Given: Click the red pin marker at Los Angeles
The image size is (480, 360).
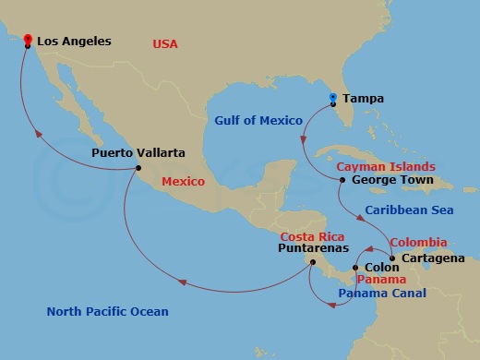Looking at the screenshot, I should pos(29,40).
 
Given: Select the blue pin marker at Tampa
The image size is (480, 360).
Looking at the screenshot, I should pos(332,97).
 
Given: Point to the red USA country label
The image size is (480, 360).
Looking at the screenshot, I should pos(164,43).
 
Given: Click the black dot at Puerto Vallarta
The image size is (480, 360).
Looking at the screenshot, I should pos(138,168).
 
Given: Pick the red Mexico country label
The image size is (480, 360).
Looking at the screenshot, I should pos(183,182).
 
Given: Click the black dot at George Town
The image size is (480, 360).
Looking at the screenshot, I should pos(342,180).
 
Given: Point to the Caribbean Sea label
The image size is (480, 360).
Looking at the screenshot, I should pos(410,210).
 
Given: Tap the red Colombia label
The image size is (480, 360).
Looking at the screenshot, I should pos(419,242).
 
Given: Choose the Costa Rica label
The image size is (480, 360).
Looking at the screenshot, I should pos(312,235).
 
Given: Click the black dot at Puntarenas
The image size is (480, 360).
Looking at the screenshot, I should pos(313,261).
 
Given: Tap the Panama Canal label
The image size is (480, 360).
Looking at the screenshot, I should pos(382,294).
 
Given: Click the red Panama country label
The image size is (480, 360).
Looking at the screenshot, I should pos(378,279).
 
